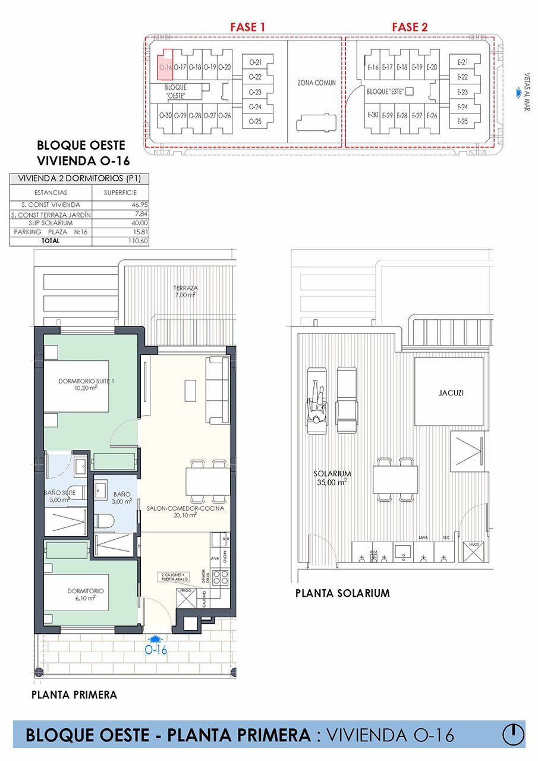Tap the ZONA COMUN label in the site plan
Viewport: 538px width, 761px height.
click(x=316, y=83)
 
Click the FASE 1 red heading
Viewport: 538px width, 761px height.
click(x=247, y=27)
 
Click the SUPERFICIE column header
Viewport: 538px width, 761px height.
click(x=120, y=193)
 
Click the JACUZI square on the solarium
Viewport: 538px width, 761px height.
click(x=449, y=392)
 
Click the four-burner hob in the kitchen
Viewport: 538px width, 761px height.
click(x=221, y=577)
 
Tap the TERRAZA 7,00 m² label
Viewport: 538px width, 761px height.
click(x=185, y=291)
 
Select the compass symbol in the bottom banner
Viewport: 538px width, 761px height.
click(x=512, y=735)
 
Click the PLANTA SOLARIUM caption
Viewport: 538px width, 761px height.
click(x=342, y=593)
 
